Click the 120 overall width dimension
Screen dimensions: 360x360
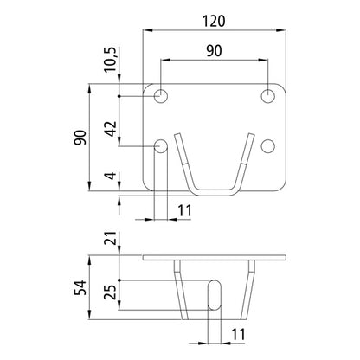(213, 18)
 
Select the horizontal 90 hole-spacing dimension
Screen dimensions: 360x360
(214, 51)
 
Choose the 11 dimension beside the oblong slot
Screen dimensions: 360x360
(237, 334)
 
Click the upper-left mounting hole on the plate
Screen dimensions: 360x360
(161, 93)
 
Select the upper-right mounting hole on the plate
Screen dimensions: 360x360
(269, 93)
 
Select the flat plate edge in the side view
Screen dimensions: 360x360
(214, 258)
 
